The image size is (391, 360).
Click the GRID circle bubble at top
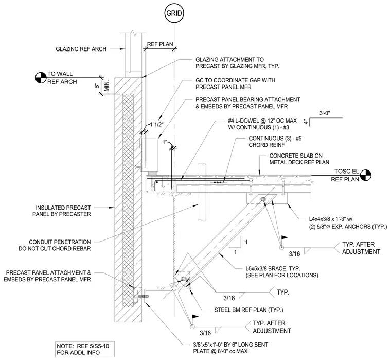click(174, 13)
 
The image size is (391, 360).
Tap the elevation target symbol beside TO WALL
click(41, 78)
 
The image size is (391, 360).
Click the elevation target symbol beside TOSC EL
click(365, 175)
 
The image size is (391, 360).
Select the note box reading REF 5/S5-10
click(85, 349)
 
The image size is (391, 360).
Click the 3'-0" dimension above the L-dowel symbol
click(325, 113)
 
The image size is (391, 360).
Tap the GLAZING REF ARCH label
click(81, 49)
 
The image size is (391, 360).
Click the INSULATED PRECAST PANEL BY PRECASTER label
click(62, 211)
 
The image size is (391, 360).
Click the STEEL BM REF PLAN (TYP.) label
click(248, 310)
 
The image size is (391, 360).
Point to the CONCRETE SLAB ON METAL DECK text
click(299, 159)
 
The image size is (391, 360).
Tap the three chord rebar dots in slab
click(218, 183)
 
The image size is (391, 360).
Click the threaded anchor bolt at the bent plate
click(142, 297)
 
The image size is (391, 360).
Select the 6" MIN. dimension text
click(102, 86)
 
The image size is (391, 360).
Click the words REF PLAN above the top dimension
click(160, 44)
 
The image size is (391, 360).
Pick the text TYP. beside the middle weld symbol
click(283, 293)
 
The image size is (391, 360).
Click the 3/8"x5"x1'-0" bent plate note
click(230, 348)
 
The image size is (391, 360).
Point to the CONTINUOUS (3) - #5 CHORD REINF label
click(275, 142)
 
